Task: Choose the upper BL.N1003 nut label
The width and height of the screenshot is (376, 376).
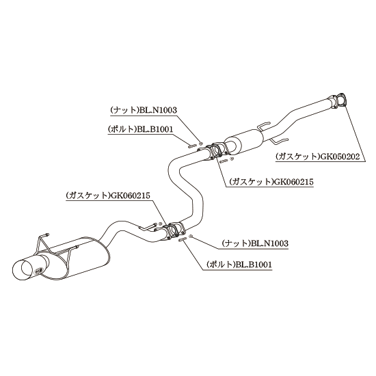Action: click(144, 110)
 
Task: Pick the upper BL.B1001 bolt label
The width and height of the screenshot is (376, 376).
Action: click(141, 129)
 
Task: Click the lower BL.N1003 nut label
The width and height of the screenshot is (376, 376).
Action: click(255, 243)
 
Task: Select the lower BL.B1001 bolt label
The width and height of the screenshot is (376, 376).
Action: click(239, 265)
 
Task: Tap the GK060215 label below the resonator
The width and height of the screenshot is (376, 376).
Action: click(271, 182)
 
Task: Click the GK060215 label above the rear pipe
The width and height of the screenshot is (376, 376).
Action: click(108, 196)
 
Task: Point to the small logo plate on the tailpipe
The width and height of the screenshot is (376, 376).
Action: click(38, 270)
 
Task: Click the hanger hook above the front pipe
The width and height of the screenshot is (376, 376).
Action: click(265, 126)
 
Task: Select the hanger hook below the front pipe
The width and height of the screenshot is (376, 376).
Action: click(280, 142)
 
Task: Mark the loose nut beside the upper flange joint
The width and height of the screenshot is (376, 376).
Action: click(201, 144)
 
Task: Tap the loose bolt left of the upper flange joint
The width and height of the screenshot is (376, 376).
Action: click(192, 146)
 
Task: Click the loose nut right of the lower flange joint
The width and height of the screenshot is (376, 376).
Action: click(191, 237)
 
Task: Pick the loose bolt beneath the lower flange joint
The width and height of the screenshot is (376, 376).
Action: click(183, 239)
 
